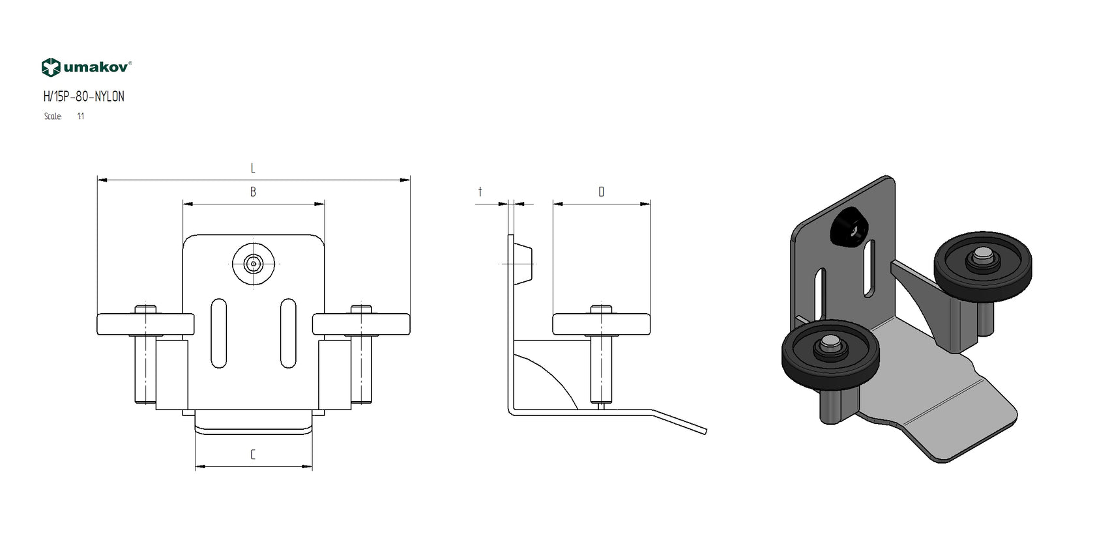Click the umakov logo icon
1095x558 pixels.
coord(51,67)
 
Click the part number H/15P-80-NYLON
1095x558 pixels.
coord(83,97)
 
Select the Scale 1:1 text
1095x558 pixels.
coord(64,117)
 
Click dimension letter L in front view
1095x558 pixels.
coord(253,169)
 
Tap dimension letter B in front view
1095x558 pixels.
coord(253,192)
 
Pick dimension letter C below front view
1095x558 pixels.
coord(253,454)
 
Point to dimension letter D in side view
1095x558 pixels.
coord(601,192)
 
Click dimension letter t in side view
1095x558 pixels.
coord(480,192)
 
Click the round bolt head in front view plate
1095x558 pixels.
coord(254,264)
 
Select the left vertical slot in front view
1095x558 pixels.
coord(219,333)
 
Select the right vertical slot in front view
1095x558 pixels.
coord(288,333)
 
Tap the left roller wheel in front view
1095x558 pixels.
coord(145,324)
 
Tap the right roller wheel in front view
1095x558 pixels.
coord(361,324)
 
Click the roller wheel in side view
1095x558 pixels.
coord(601,324)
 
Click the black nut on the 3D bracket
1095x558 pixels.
coord(849,228)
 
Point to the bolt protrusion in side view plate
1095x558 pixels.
coord(523,263)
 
